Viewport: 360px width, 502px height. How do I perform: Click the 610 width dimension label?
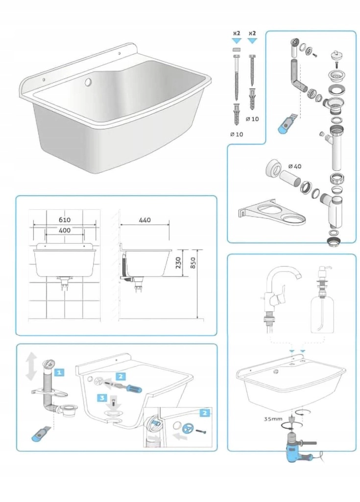pyautogui.click(x=65, y=220)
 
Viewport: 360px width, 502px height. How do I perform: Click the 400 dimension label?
pyautogui.click(x=65, y=230)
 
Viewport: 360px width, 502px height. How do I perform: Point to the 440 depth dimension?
pyautogui.click(x=144, y=220)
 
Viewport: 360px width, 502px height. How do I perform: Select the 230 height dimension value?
pyautogui.click(x=178, y=263)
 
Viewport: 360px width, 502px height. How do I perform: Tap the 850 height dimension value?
pyautogui.click(x=192, y=263)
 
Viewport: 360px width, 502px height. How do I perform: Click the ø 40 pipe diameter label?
pyautogui.click(x=295, y=166)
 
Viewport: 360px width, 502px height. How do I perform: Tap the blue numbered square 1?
pyautogui.click(x=59, y=373)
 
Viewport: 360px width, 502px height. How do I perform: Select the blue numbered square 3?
pyautogui.click(x=102, y=398)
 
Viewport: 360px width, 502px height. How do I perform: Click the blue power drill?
pyautogui.click(x=299, y=448)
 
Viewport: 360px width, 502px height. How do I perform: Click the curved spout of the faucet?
pyautogui.click(x=288, y=272)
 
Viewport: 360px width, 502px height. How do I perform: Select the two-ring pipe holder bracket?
pyautogui.click(x=272, y=211)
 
